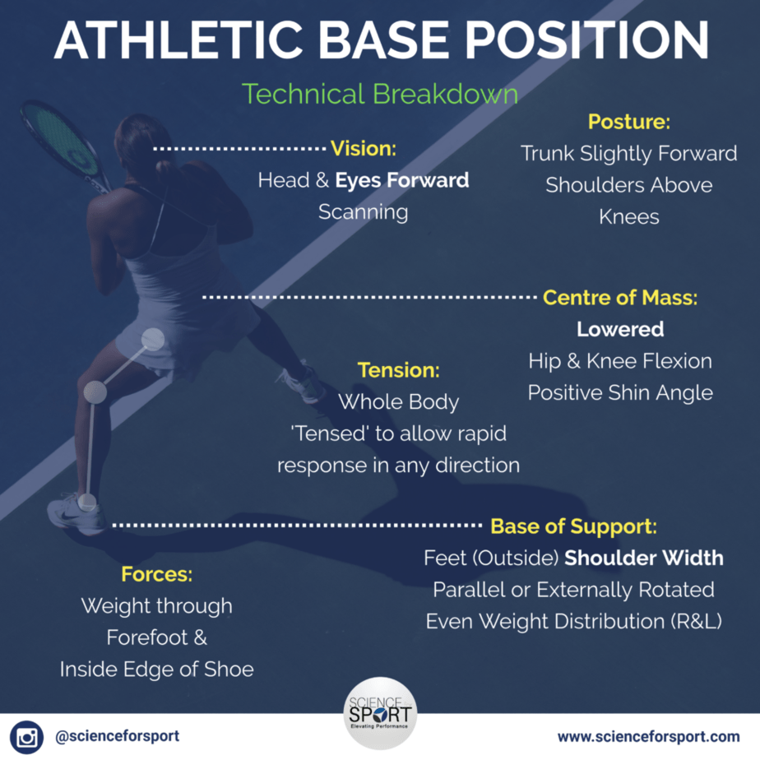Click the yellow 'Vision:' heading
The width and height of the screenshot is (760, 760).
[x=363, y=149]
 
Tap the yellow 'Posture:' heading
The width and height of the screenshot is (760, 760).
[x=629, y=122]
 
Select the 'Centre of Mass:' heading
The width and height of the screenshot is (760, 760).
[x=620, y=298]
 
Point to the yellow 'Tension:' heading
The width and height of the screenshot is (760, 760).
[x=398, y=370]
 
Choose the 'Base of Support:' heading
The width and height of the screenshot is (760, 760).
[x=574, y=526]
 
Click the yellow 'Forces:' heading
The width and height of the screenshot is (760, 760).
[x=156, y=574]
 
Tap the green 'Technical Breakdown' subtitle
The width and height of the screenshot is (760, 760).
[x=380, y=94]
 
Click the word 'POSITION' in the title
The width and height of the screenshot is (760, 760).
[x=587, y=41]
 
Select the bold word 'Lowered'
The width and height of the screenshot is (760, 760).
[x=620, y=330]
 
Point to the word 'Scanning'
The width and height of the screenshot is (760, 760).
[x=363, y=212]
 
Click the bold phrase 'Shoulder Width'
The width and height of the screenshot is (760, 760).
[x=644, y=558]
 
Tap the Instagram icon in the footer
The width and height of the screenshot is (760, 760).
[x=26, y=737]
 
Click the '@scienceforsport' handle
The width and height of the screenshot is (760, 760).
[x=118, y=736]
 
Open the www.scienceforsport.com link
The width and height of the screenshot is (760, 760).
[x=648, y=737]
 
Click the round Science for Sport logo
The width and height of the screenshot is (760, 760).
[x=380, y=713]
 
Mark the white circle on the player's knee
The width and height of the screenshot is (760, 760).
[x=95, y=392]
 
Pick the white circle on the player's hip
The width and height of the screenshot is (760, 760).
[x=153, y=339]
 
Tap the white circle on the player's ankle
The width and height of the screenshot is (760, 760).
[x=87, y=503]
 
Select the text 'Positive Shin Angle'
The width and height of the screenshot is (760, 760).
[x=620, y=393]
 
